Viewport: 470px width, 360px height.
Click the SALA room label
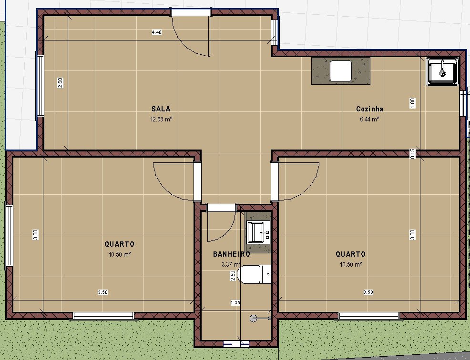coord(161,109)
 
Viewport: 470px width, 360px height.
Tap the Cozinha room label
coord(369,109)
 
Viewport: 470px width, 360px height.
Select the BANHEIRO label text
coord(231,254)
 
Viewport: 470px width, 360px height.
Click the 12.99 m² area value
coord(161,119)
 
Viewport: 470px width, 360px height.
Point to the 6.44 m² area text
coord(369,119)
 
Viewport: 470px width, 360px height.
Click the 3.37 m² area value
coord(231,264)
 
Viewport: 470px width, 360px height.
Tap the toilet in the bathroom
coord(254,274)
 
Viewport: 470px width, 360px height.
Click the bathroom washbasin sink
coord(258,232)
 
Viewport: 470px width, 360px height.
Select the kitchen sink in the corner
coord(442,71)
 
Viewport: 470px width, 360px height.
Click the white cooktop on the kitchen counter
coord(341,71)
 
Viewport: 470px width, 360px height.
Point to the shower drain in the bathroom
coord(253,318)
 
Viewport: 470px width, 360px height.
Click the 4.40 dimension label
coord(157,32)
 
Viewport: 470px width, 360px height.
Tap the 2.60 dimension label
coord(60,83)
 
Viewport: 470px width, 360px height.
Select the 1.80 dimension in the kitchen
coord(412,103)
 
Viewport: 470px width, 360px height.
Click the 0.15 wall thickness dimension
coord(412,154)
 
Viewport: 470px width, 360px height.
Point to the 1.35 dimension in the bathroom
coord(235,303)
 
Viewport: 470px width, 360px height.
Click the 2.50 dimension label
coord(233,276)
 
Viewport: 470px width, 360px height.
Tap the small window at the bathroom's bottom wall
coord(236,344)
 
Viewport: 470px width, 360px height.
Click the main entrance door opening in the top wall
coord(191,12)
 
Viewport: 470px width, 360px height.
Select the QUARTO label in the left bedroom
coord(119,244)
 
